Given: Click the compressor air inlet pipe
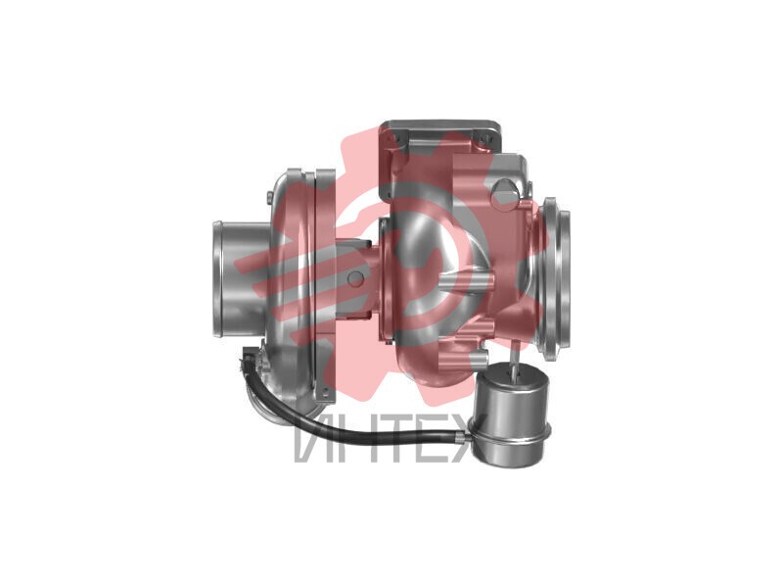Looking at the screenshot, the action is [x=236, y=278].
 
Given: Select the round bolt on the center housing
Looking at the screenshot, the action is [x=356, y=278].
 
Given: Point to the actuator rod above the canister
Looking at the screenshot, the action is [x=514, y=359].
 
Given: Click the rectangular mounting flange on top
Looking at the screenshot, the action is [x=441, y=131].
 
